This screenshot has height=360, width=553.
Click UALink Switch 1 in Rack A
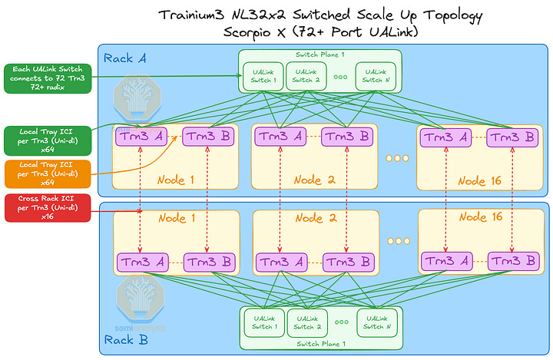coord(263,76)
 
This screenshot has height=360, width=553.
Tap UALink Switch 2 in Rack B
coord(305,323)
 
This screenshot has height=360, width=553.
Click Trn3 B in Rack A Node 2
coord(346,137)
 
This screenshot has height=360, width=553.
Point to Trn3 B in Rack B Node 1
coord(207,261)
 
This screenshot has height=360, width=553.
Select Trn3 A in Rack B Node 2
coord(280,261)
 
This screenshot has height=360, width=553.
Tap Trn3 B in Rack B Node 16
coord(512,261)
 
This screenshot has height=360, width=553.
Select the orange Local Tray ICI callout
coord(47,173)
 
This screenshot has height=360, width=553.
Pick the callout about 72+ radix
coord(47,78)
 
